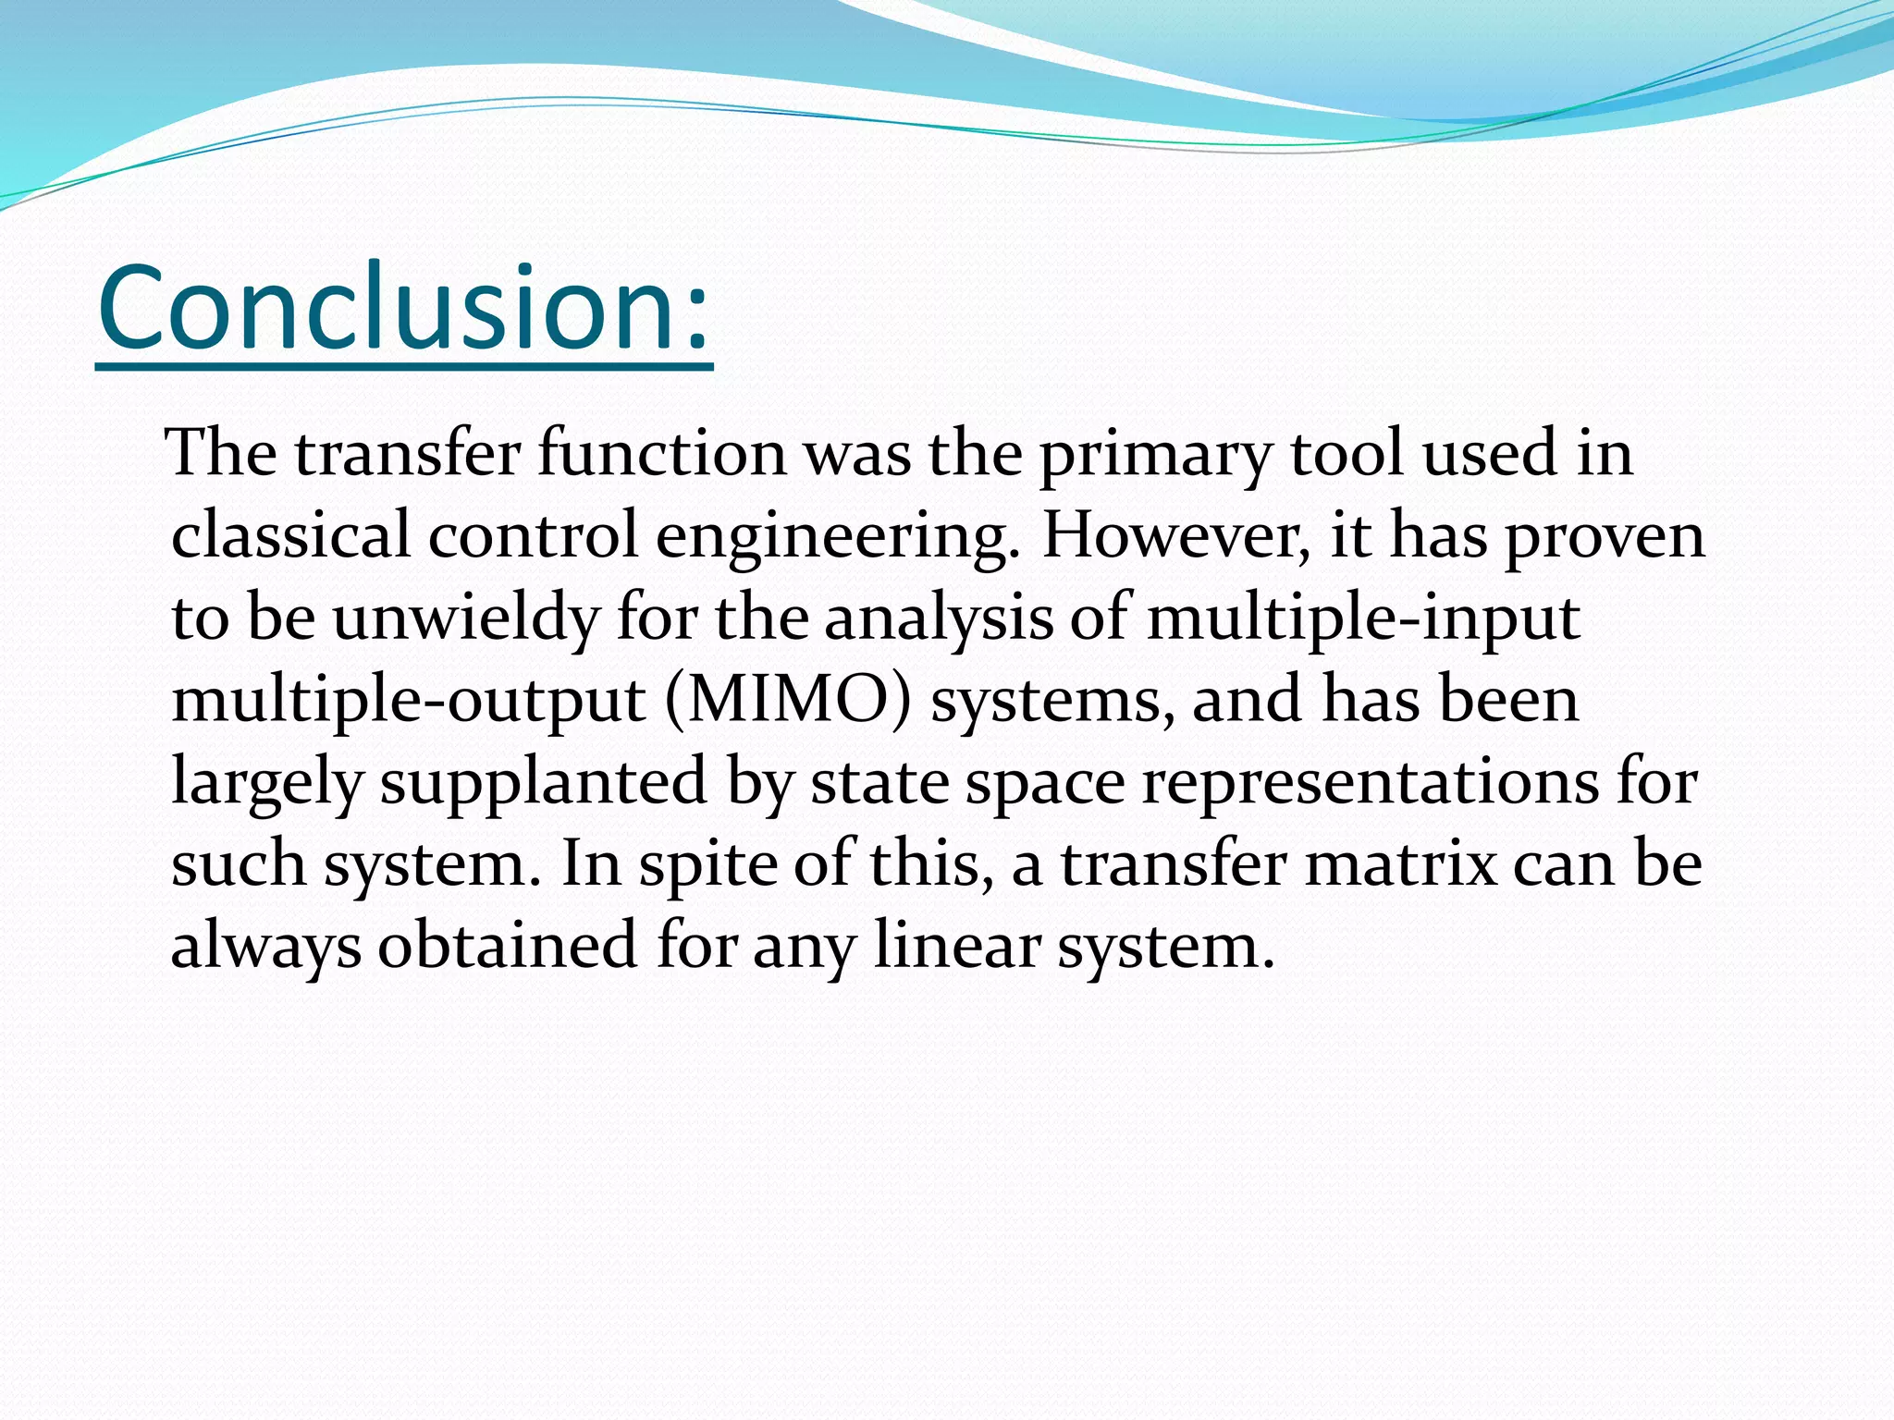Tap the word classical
tap(290, 536)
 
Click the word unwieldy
tap(466, 619)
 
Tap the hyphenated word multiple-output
tap(408, 701)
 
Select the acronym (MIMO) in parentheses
tap(787, 701)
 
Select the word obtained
tap(507, 945)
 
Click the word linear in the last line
tap(956, 945)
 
